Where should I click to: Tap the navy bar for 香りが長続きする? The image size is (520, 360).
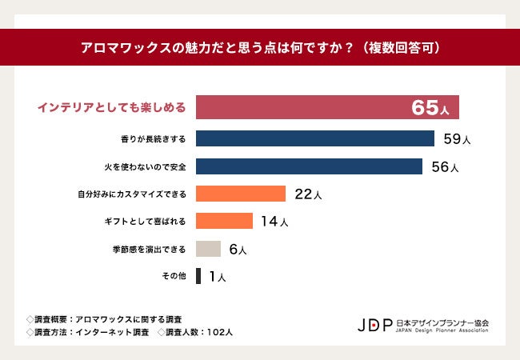pyautogui.click(x=315, y=138)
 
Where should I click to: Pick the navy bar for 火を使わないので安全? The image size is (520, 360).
pyautogui.click(x=309, y=166)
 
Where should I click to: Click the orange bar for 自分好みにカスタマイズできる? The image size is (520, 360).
pyautogui.click(x=241, y=194)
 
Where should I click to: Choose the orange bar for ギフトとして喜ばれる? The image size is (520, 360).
pyautogui.click(x=224, y=222)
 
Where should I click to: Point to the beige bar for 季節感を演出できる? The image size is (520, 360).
pyautogui.click(x=208, y=249)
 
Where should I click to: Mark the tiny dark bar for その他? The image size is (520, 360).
pyautogui.click(x=198, y=277)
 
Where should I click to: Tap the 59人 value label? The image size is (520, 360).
pyautogui.click(x=457, y=139)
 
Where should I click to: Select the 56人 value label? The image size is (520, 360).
pyautogui.click(x=445, y=167)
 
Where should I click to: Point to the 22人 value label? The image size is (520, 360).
pyautogui.click(x=308, y=194)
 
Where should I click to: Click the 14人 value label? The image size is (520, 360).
pyautogui.click(x=274, y=222)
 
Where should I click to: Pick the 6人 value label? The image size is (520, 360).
pyautogui.click(x=238, y=250)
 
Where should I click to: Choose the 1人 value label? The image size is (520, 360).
pyautogui.click(x=218, y=278)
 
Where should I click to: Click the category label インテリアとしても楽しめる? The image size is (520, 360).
pyautogui.click(x=113, y=107)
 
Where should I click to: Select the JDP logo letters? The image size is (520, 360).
pyautogui.click(x=375, y=326)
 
